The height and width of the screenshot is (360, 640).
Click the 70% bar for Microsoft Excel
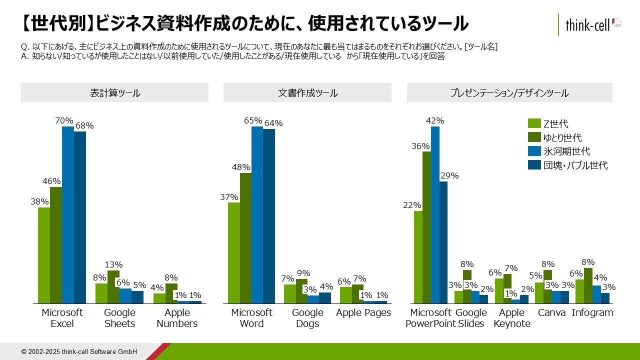point(68,215)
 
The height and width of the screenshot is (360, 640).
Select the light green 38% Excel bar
point(44,255)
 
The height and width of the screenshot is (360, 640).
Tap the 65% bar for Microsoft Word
point(257,215)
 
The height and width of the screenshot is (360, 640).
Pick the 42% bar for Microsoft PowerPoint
point(435,215)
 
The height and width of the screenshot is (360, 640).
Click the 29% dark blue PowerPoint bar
point(443,242)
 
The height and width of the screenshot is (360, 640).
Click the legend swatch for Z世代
point(534,123)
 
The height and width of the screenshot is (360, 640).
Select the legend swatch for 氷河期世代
point(534,151)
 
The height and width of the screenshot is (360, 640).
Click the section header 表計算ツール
point(114,93)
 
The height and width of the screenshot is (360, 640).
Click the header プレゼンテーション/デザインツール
point(509,93)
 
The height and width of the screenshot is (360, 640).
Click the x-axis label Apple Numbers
point(177,318)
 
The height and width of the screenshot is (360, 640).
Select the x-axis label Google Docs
point(307,318)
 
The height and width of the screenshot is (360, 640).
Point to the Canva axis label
point(552,313)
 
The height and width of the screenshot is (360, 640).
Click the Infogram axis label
point(592,313)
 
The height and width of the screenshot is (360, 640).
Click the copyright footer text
point(79,351)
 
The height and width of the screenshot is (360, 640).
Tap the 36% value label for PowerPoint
point(420,146)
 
